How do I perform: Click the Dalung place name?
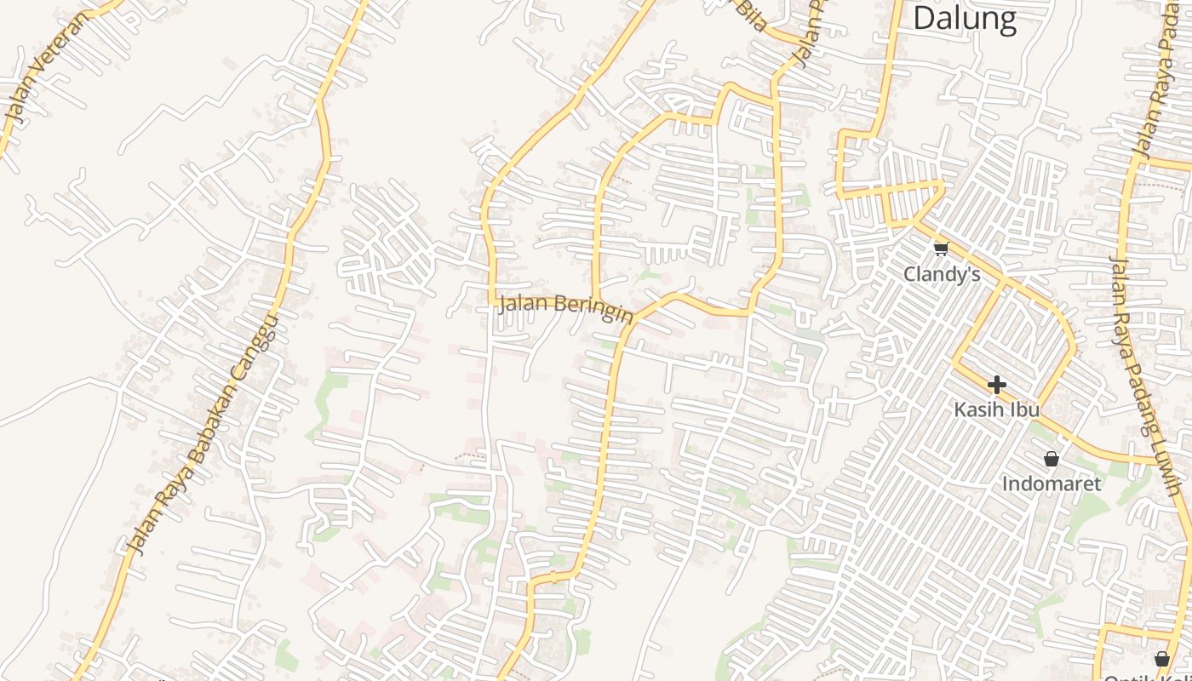[965, 18]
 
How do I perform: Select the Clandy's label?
[942, 274]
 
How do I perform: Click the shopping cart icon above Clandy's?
[941, 249]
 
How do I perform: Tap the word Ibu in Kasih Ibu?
[1025, 409]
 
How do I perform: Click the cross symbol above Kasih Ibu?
[996, 385]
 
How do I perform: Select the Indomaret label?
[1052, 484]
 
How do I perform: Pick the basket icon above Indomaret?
[1052, 459]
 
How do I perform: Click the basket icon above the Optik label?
[1161, 658]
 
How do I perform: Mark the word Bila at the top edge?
[751, 15]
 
